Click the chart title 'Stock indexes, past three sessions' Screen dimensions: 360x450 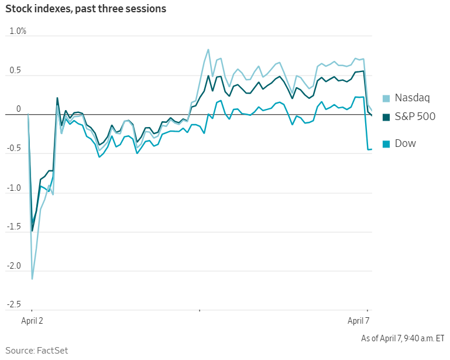pyautogui.click(x=86, y=9)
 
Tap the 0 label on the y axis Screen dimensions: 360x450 pyautogui.click(x=18, y=109)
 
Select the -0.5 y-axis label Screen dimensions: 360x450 pyautogui.click(x=14, y=149)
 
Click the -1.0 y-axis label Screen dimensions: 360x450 pyautogui.click(x=14, y=188)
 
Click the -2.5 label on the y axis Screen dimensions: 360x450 pyautogui.click(x=14, y=305)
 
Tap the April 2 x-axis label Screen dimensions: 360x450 pyautogui.click(x=33, y=321)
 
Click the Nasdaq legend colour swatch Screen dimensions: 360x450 pyautogui.click(x=386, y=98)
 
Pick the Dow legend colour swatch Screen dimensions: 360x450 pyautogui.click(x=386, y=143)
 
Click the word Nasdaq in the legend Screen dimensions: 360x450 pyautogui.click(x=412, y=98)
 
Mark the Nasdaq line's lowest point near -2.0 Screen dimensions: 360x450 pyautogui.click(x=32, y=279)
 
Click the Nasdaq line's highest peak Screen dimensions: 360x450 pyautogui.click(x=208, y=50)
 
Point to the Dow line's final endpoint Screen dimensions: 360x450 pyautogui.click(x=372, y=149)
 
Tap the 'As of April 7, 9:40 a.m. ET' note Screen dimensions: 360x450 pyautogui.click(x=403, y=338)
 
